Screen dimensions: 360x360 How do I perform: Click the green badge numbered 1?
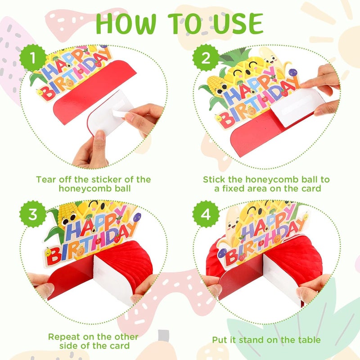pyautogui.click(x=33, y=58)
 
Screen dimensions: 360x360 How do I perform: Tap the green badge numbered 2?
pyautogui.click(x=206, y=58)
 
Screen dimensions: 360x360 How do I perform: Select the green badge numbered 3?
pyautogui.click(x=33, y=214)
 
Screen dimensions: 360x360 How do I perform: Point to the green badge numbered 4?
pyautogui.click(x=206, y=214)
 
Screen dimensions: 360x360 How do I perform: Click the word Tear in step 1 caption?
pyautogui.click(x=46, y=180)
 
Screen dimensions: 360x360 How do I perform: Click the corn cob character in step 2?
pyautogui.click(x=216, y=85)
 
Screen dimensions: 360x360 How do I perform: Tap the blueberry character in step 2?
pyautogui.click(x=292, y=72)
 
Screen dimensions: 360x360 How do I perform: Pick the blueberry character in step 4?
pyautogui.click(x=222, y=253)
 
